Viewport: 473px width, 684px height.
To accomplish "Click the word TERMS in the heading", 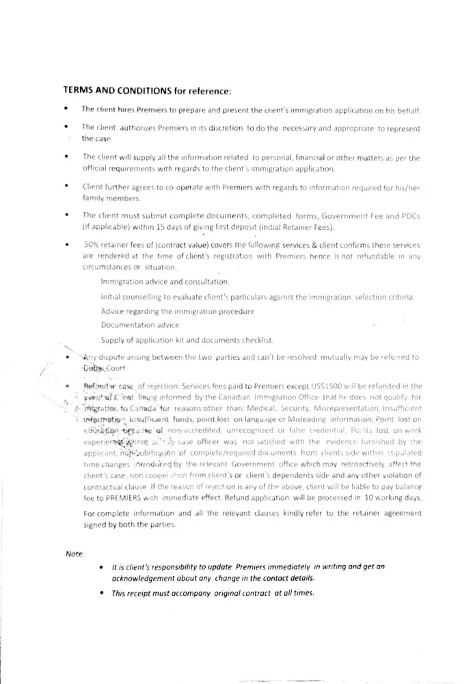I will [x=79, y=90].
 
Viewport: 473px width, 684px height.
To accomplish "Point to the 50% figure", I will [x=92, y=244].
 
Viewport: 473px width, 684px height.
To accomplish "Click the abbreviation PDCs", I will [x=407, y=215].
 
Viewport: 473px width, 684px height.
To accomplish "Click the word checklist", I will [x=255, y=340].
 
